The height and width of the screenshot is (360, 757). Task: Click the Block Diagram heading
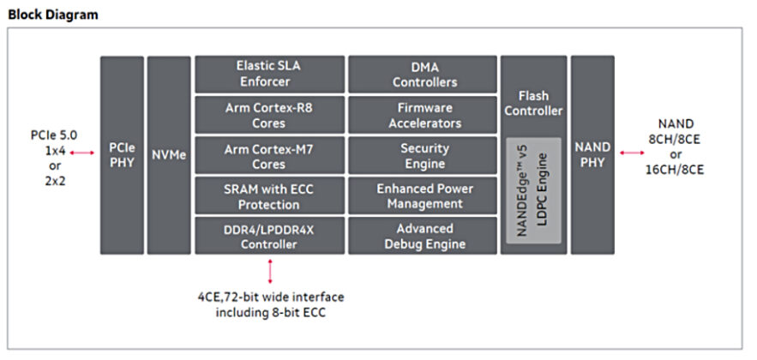[52, 14]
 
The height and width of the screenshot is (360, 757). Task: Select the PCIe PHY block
[121, 154]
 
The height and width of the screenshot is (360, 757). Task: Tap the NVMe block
[168, 154]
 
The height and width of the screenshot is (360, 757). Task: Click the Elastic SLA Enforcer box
[269, 74]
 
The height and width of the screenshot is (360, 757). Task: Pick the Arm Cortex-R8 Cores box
[269, 115]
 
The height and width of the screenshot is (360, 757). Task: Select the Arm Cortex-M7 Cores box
[269, 155]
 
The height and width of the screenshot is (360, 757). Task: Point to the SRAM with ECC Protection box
[269, 195]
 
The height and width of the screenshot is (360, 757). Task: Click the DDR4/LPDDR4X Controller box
[269, 236]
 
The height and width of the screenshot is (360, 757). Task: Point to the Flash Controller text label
[533, 103]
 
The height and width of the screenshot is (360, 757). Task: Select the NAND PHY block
[592, 154]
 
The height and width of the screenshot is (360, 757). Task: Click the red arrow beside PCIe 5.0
[81, 153]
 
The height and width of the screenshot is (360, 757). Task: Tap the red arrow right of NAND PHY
[633, 153]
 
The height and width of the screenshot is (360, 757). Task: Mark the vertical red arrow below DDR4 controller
[271, 270]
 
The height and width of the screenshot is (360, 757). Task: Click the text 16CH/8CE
[675, 170]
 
